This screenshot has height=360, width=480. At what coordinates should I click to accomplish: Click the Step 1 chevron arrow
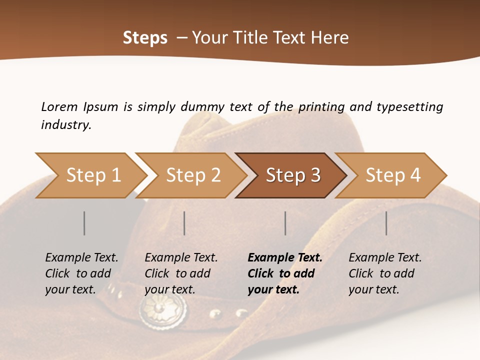[x=92, y=175]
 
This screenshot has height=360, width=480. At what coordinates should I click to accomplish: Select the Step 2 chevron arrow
[x=192, y=175]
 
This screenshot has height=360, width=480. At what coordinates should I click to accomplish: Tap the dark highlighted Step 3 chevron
[x=292, y=175]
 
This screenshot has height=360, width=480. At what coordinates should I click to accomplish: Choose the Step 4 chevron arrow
[x=392, y=175]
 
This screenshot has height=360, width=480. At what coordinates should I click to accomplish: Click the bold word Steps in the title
[x=145, y=38]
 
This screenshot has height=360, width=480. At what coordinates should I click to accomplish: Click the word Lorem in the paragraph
[x=59, y=106]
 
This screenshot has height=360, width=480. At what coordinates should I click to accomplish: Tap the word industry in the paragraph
[x=66, y=124]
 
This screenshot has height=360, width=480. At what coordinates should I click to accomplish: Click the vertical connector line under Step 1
[x=84, y=223]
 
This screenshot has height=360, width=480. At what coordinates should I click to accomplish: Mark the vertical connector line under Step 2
[x=184, y=223]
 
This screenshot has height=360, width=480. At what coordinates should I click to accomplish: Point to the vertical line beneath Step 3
[x=285, y=223]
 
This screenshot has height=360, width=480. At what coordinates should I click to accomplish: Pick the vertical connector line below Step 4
[x=386, y=223]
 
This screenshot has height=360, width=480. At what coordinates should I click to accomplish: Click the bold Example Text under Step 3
[x=285, y=258]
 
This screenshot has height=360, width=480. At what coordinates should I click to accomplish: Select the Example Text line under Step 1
[x=81, y=258]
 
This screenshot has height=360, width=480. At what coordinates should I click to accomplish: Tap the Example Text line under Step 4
[x=385, y=258]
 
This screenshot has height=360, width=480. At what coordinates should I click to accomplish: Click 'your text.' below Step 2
[x=169, y=289]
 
